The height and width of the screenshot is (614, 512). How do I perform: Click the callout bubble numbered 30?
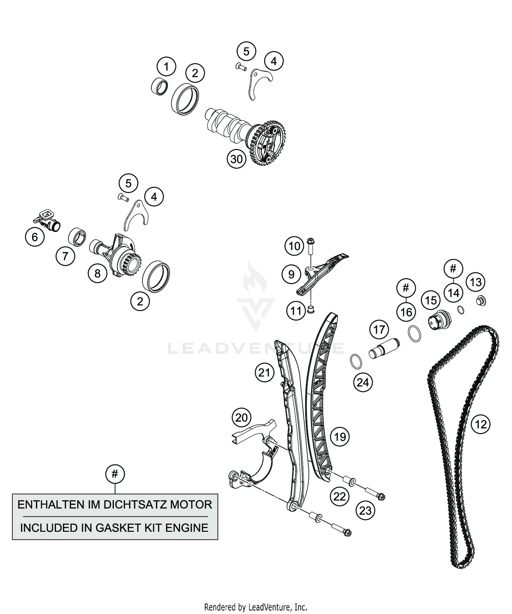pyautogui.click(x=237, y=159)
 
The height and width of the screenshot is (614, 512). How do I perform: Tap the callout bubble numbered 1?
pyautogui.click(x=167, y=67)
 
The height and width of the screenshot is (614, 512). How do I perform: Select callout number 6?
pyautogui.click(x=35, y=237)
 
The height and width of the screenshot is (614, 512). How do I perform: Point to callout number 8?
pyautogui.click(x=98, y=273)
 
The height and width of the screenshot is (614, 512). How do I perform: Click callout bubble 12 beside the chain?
pyautogui.click(x=481, y=424)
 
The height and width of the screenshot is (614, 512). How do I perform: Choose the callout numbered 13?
pyautogui.click(x=476, y=282)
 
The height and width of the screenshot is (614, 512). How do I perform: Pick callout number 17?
pyautogui.click(x=379, y=330)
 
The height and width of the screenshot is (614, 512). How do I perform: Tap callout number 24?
pyautogui.click(x=363, y=382)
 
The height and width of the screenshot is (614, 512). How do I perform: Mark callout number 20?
pyautogui.click(x=241, y=417)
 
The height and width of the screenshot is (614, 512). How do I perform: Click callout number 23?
pyautogui.click(x=365, y=511)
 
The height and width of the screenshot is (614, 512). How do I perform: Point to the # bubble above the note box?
pyautogui.click(x=115, y=474)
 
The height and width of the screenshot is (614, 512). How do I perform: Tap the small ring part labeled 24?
pyautogui.click(x=356, y=362)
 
